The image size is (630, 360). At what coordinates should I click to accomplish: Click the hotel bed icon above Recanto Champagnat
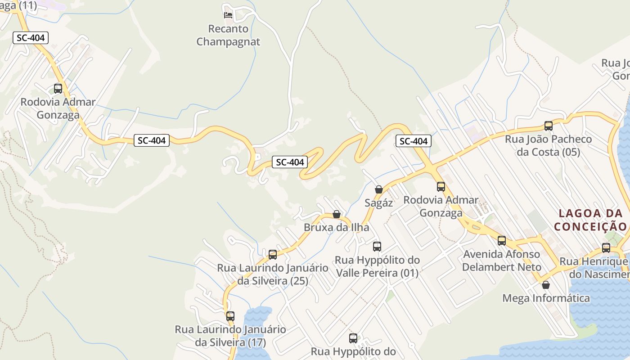click(x=228, y=15)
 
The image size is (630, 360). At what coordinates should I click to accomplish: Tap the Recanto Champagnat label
click(x=228, y=36)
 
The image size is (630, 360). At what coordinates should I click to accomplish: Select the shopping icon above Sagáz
click(x=379, y=189)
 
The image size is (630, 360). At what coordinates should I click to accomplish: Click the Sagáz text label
click(x=379, y=203)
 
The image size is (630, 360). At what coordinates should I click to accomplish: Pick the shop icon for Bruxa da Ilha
click(x=337, y=214)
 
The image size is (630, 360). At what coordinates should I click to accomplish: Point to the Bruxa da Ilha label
click(x=337, y=227)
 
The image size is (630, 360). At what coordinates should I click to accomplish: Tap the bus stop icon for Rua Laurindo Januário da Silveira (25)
click(x=273, y=255)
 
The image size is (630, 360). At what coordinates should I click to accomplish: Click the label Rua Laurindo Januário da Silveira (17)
click(x=230, y=336)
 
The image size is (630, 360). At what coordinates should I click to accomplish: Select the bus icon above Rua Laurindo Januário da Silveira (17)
click(x=230, y=316)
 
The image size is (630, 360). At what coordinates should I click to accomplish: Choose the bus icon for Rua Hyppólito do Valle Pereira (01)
click(x=377, y=247)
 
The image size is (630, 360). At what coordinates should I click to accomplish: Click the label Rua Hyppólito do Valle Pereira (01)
click(x=377, y=266)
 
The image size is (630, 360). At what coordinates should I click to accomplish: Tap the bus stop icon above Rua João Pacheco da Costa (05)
click(x=549, y=126)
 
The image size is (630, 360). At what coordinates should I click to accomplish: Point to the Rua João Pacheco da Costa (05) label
click(x=549, y=145)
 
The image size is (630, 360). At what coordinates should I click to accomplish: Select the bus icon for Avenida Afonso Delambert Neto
click(x=502, y=241)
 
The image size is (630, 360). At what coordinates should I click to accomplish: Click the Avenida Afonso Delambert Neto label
click(x=502, y=261)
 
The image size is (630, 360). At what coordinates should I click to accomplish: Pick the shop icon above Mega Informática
click(x=546, y=285)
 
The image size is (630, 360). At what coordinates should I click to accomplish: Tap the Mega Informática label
click(x=546, y=298)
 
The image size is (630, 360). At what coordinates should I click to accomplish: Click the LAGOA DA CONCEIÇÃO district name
click(x=590, y=220)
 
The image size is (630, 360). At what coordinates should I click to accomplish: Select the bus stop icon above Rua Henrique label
click(x=606, y=248)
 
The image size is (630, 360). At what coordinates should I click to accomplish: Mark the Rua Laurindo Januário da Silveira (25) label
click(x=273, y=274)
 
